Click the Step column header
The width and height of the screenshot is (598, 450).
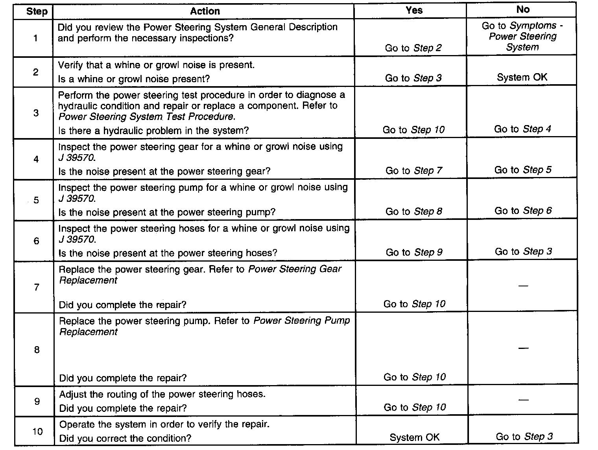coord(37,11)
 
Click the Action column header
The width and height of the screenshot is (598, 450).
coord(205,11)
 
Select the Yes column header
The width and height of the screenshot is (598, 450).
coord(414,10)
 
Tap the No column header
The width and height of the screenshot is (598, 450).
coord(523,9)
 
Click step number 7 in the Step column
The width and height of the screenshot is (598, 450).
coord(37,287)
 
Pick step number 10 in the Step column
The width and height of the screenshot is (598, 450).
coord(37,432)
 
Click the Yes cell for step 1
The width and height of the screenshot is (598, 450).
coord(413,48)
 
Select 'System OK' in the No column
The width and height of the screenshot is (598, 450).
coord(522,77)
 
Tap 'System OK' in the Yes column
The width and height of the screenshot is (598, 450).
coord(414,437)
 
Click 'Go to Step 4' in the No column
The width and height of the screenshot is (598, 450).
coord(523,129)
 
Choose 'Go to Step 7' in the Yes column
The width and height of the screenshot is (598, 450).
coord(413,171)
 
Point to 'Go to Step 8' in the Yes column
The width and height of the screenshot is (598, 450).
coord(413,212)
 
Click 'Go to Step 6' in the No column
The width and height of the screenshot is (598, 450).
coord(523,211)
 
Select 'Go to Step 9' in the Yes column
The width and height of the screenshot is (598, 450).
coord(414,252)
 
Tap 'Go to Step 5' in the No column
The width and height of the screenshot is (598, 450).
coord(523,170)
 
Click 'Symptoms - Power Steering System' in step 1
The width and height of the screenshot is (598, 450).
coord(523,37)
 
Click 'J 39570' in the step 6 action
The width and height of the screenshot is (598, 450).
coord(77,240)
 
